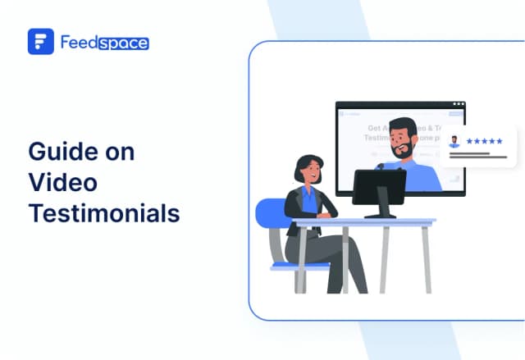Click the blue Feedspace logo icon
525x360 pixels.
(40, 41)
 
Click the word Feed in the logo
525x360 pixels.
(79, 42)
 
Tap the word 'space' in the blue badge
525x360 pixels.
(125, 42)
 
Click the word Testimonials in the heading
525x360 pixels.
(103, 212)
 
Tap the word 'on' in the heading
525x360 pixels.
(119, 152)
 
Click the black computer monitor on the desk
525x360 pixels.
(379, 188)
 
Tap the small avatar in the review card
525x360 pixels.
(454, 141)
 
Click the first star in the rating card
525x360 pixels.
(469, 141)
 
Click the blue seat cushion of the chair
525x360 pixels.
(283, 264)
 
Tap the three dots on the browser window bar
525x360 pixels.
(458, 105)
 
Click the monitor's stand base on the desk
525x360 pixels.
(379, 216)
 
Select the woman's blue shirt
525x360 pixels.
(309, 199)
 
